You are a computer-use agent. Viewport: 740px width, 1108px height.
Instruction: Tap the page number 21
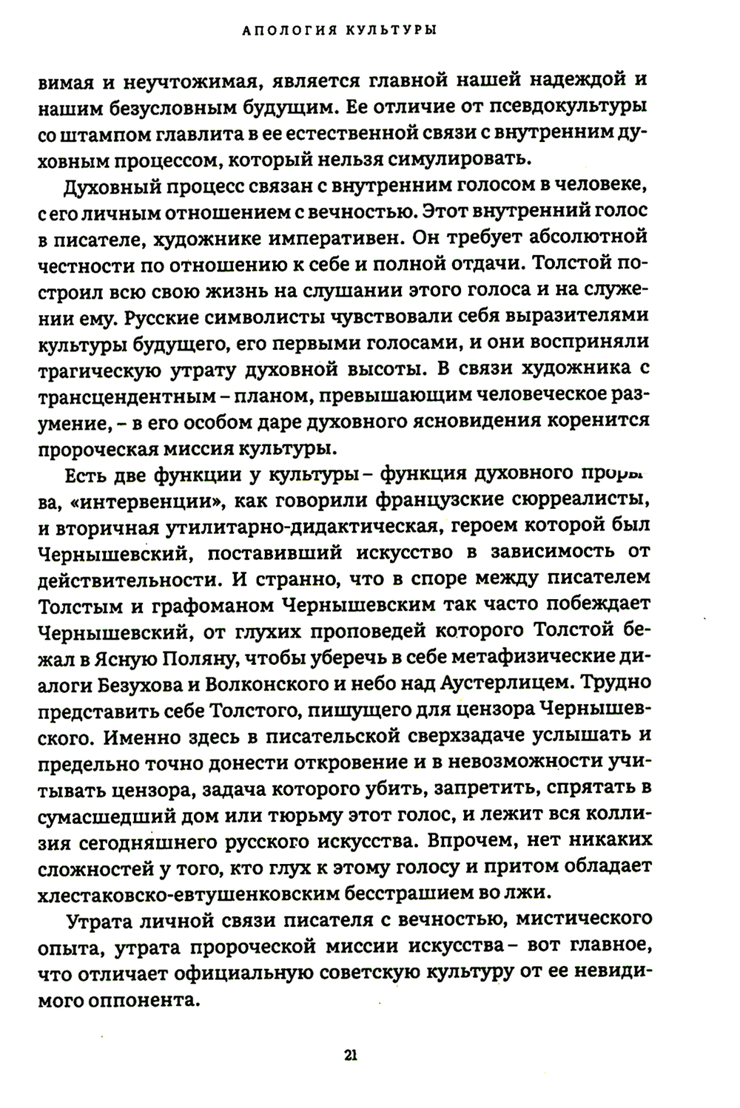(x=351, y=1055)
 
